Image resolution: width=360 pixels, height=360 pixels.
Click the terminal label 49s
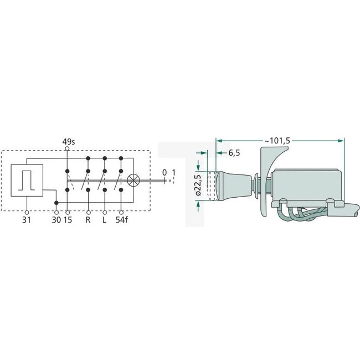(68, 142)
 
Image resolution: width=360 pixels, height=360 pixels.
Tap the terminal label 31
(27, 220)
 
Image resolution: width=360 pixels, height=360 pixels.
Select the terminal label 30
(55, 220)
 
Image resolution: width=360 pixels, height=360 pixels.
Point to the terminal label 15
(68, 220)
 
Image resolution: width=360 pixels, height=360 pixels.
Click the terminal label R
(89, 220)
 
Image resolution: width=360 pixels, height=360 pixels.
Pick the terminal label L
(105, 220)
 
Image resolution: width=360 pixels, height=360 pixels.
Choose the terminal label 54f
(122, 220)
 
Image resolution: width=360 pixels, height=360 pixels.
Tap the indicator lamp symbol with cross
(133, 179)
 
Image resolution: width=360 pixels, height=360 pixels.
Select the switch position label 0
(164, 172)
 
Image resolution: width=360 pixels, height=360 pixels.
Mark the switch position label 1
(174, 172)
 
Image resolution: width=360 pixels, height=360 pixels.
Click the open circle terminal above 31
(27, 212)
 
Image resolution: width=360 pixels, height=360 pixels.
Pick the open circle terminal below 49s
(68, 149)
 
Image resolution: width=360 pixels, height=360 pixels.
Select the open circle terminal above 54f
(122, 212)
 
